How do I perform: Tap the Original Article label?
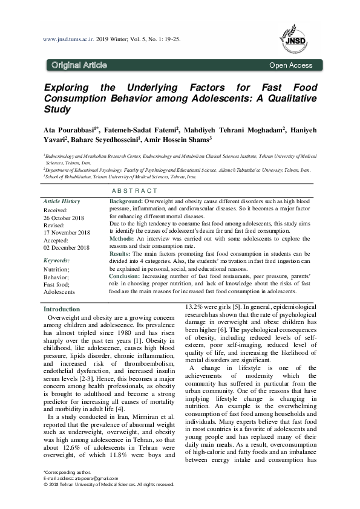pyautogui.click(x=79, y=65)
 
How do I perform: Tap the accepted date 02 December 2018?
pyautogui.click(x=67, y=248)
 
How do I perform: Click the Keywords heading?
pyautogui.click(x=56, y=261)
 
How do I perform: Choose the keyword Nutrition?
pyautogui.click(x=57, y=269)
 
